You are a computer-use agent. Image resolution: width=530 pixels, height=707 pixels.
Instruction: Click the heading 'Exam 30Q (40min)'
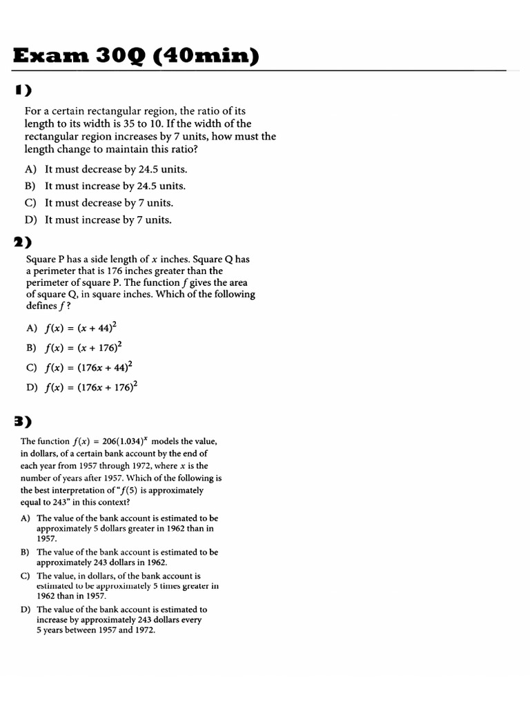coord(137,55)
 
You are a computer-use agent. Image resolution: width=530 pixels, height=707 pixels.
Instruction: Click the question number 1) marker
coord(23,90)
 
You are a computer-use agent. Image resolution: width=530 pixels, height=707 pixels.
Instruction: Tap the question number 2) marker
coord(23,242)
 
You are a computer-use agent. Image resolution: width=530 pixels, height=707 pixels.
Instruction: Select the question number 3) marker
coord(23,421)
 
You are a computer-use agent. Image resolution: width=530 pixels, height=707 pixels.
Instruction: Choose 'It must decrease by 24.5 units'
coord(116,169)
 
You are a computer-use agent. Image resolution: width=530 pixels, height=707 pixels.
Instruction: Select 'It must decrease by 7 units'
coord(109,203)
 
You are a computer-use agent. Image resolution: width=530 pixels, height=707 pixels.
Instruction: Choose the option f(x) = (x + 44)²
coord(77,328)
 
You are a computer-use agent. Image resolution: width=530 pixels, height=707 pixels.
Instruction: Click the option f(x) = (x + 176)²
coord(79,347)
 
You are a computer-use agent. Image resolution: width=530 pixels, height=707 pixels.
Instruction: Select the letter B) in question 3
coord(25,552)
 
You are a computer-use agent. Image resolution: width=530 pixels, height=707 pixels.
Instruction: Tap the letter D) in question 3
coord(25,610)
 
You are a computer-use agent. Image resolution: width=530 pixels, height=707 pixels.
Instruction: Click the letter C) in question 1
coord(30,203)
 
